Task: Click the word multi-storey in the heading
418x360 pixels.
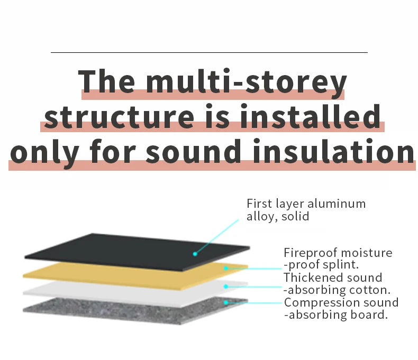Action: click(247, 82)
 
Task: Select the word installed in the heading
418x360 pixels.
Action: click(310, 116)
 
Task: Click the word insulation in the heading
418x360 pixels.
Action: click(334, 151)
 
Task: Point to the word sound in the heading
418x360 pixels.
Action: click(194, 151)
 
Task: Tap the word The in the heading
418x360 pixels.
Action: click(106, 81)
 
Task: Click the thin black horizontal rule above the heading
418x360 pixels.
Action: click(209, 52)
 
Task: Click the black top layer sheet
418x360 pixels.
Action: click(137, 252)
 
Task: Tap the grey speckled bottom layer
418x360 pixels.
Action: click(135, 311)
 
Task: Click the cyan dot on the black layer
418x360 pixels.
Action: click(195, 254)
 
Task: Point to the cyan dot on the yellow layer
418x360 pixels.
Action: click(226, 268)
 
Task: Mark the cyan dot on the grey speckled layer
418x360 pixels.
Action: click(226, 303)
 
